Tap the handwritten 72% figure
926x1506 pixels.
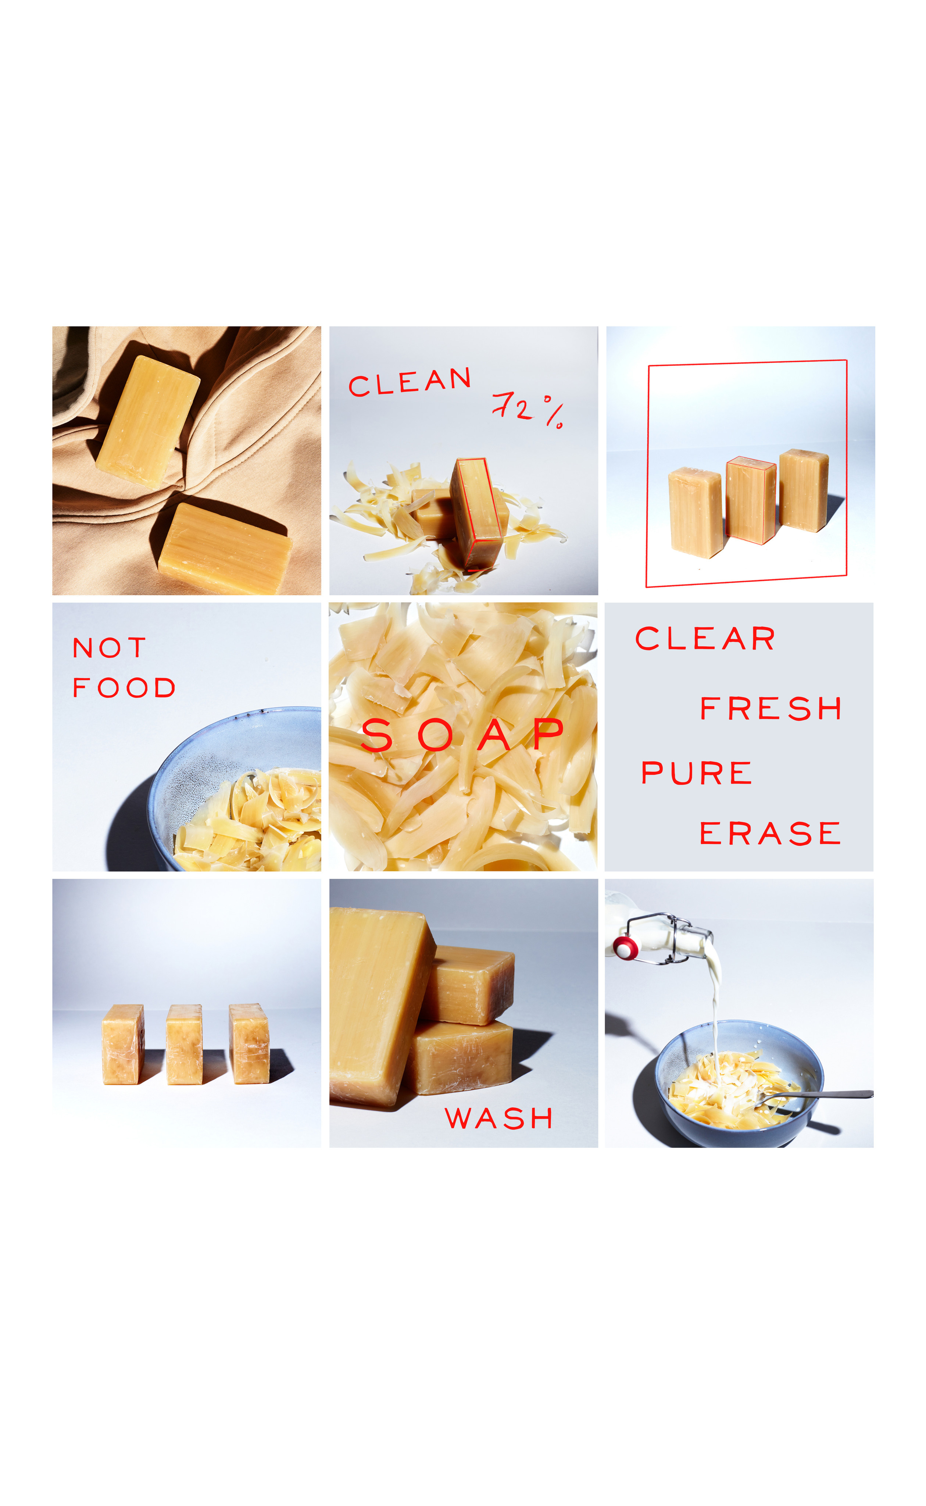pos(527,409)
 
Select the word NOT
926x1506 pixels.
pos(109,647)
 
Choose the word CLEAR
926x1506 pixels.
pos(705,639)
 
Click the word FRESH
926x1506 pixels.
pos(771,709)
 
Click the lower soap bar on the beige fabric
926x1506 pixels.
pos(224,548)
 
